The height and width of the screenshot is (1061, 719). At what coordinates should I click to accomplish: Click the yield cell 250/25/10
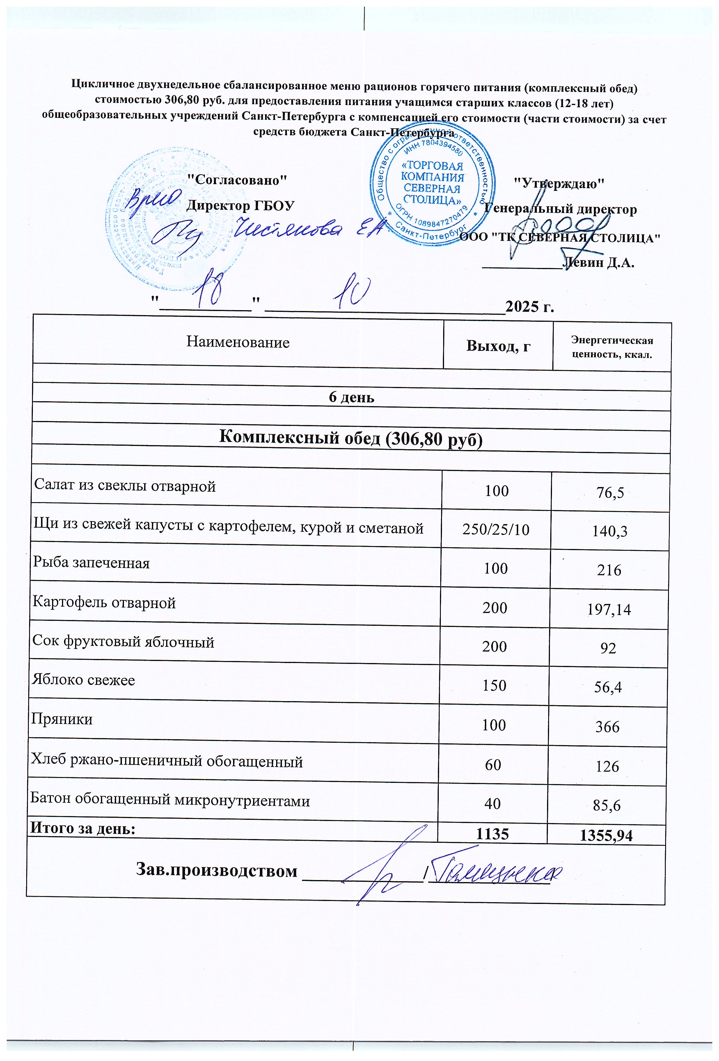pyautogui.click(x=496, y=529)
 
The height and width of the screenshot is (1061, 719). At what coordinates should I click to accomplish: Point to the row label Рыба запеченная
pyautogui.click(x=91, y=563)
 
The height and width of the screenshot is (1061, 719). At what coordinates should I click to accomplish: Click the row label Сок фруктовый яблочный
pyautogui.click(x=123, y=642)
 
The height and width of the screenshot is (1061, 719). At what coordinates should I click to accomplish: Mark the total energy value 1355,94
pyautogui.click(x=606, y=836)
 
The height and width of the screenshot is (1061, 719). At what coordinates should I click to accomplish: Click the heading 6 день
pyautogui.click(x=351, y=397)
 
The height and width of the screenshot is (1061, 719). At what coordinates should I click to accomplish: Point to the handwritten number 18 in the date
pyautogui.click(x=208, y=291)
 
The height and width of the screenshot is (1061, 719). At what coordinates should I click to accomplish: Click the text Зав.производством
pyautogui.click(x=217, y=871)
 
